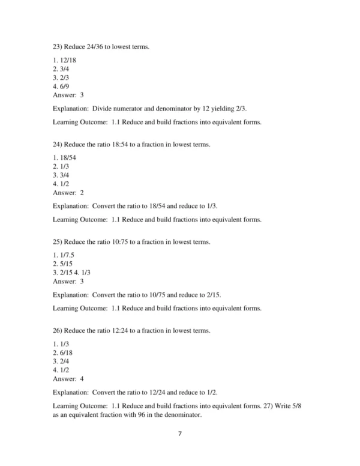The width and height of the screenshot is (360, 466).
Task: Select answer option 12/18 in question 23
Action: tap(64, 61)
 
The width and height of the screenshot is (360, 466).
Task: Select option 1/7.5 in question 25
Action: tap(64, 256)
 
